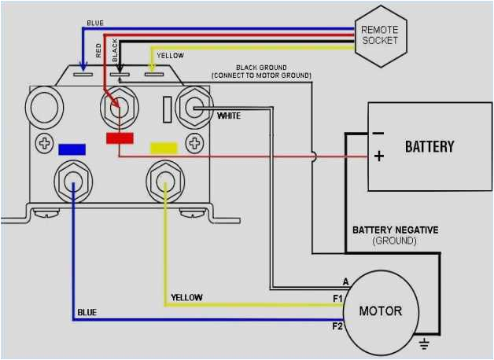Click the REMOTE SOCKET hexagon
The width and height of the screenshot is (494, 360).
tap(379, 35)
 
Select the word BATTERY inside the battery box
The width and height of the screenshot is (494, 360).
tap(429, 146)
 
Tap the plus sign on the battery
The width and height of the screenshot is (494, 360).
tap(378, 156)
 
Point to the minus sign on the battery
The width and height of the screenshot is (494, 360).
tap(378, 133)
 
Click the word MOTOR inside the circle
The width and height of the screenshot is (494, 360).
tap(380, 310)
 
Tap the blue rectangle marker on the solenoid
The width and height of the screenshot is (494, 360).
tap(72, 148)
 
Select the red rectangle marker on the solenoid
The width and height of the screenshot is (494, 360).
tap(119, 139)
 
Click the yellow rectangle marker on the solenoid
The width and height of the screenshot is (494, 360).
tap(164, 147)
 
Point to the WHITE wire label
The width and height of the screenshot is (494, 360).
tap(229, 116)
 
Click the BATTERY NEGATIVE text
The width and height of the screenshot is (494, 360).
tap(395, 230)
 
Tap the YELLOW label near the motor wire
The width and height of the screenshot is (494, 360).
tap(186, 297)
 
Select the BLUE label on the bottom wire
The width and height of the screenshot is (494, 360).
tap(87, 313)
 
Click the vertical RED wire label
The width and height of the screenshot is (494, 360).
tap(99, 52)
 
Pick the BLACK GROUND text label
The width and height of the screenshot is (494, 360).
tap(261, 68)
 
